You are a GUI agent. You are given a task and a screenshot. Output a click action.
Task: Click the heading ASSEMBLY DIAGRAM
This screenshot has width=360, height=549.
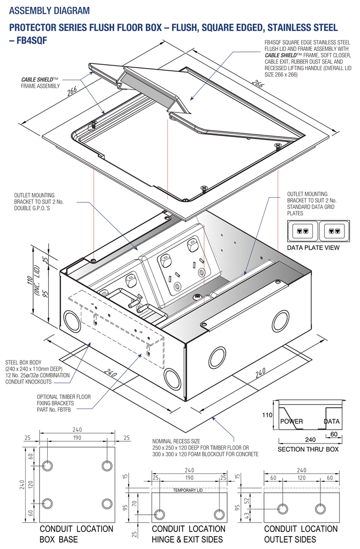(x=50, y=11)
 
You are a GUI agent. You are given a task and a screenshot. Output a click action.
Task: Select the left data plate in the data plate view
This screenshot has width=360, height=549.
(x=303, y=232)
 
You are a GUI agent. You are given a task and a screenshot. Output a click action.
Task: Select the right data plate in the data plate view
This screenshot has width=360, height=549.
(x=335, y=232)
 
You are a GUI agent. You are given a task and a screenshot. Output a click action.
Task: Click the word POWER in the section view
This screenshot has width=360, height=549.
(x=291, y=422)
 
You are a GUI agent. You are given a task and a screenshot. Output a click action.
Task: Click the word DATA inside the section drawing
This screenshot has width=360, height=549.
(x=332, y=422)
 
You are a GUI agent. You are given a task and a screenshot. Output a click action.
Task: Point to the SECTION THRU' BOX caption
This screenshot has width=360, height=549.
(x=307, y=449)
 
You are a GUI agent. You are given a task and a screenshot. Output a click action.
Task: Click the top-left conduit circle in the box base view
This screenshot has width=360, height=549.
(x=47, y=465)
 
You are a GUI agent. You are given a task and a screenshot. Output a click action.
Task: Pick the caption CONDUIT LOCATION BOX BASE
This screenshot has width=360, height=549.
(x=77, y=534)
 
